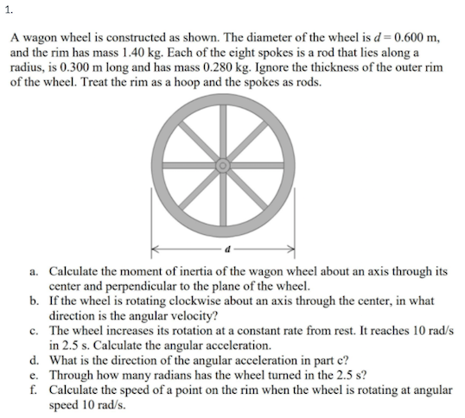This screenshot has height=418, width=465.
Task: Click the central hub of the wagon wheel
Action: [223, 162]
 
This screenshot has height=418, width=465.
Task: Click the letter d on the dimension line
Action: [224, 250]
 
